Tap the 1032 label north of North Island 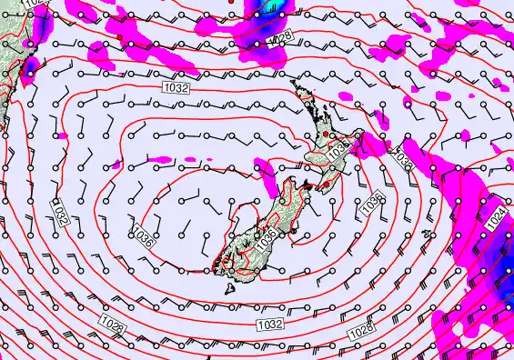[176, 86]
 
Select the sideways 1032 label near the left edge [59, 215]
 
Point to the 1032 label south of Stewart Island [269, 325]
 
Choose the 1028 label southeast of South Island [361, 328]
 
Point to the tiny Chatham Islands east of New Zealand [426, 235]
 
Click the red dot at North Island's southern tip [323, 185]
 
